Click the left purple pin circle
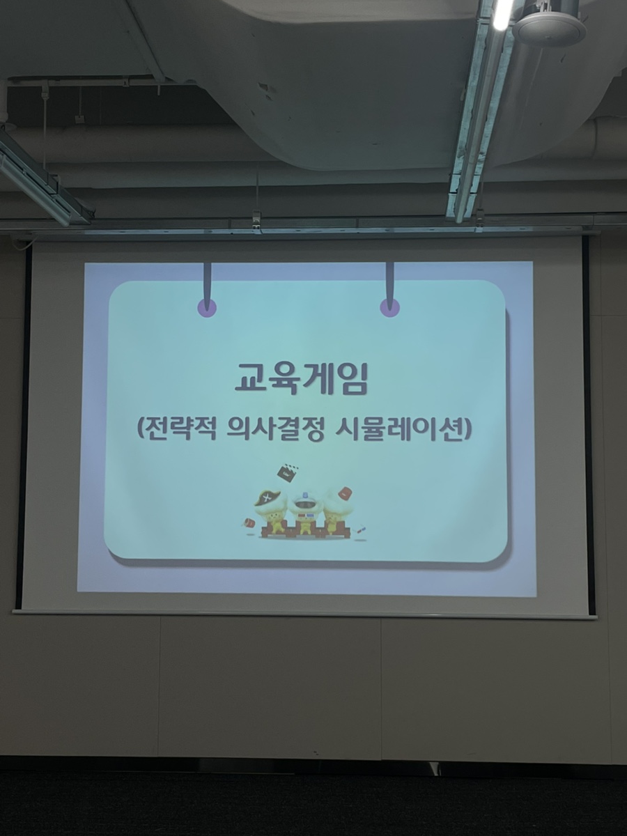[x=207, y=308]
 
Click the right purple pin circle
[x=390, y=308]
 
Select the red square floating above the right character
[x=345, y=493]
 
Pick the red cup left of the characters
[x=248, y=522]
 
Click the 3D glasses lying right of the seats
[x=359, y=529]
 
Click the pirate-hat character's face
[x=271, y=516]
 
